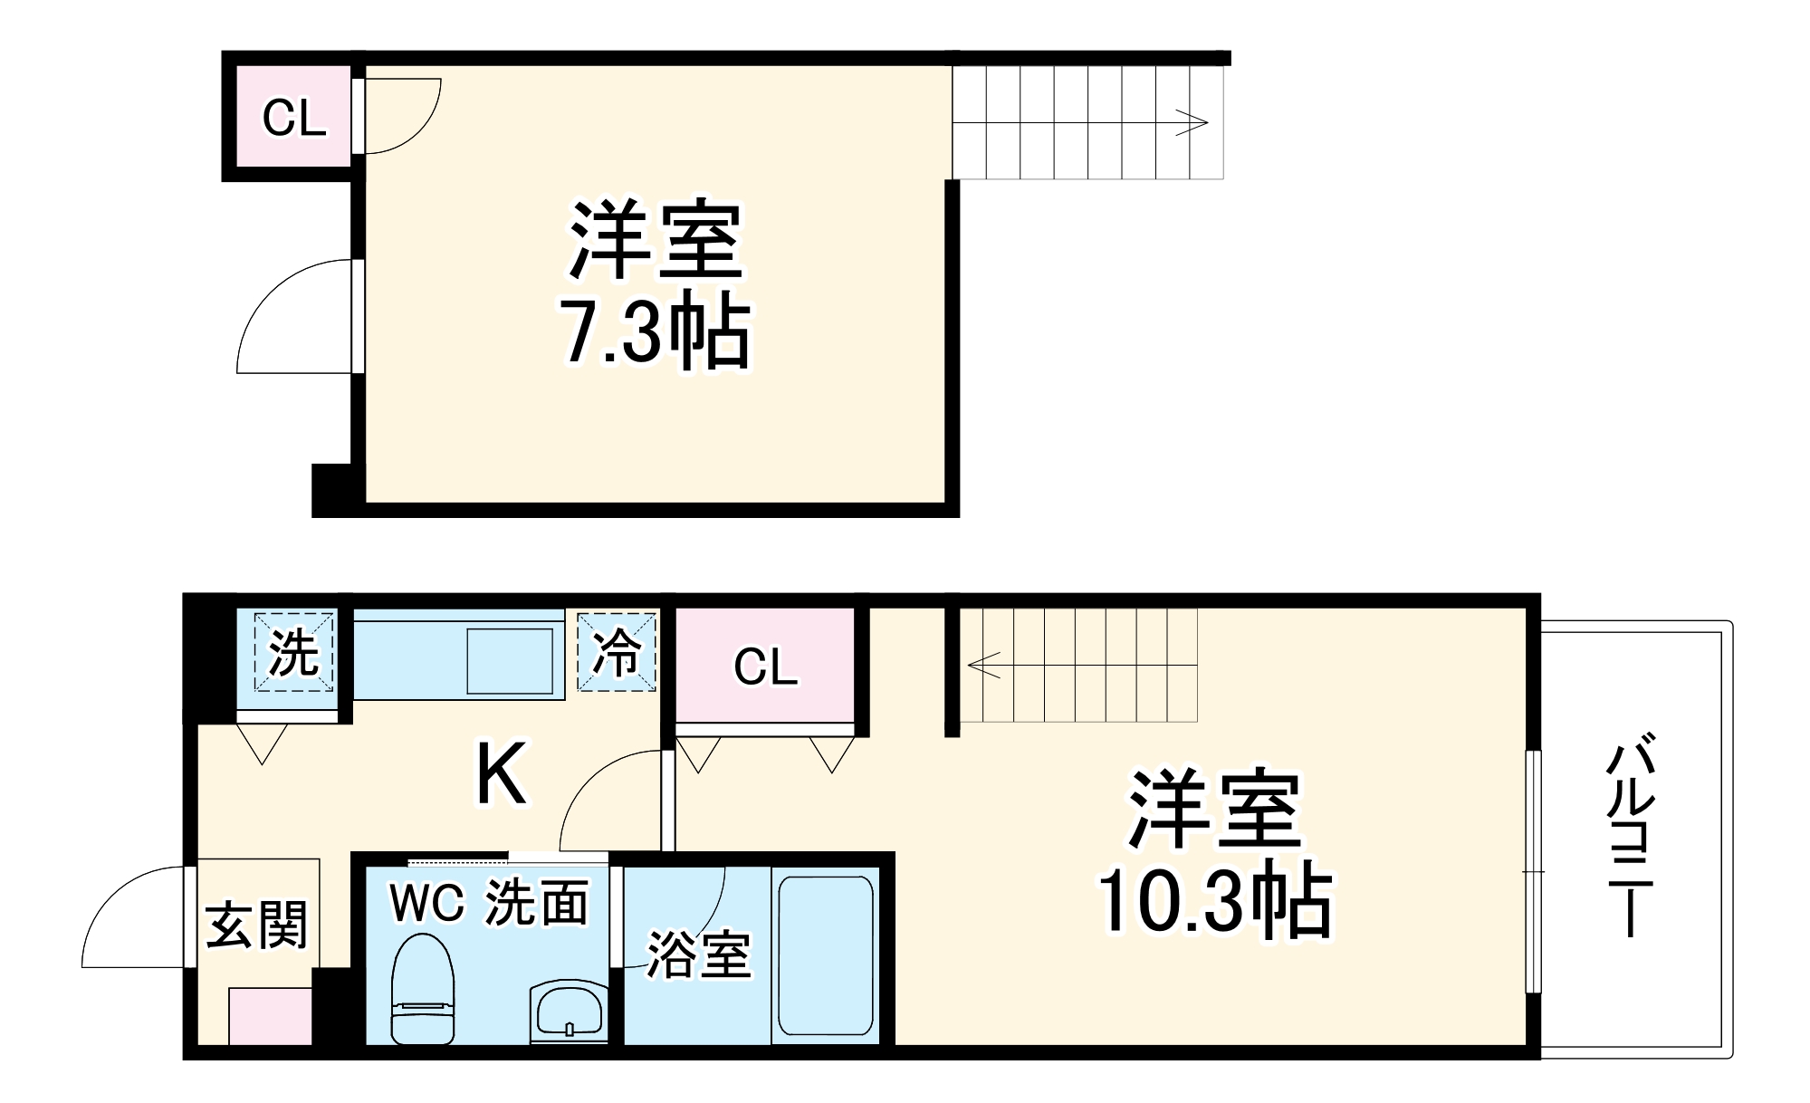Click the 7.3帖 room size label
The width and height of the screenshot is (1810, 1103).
pos(656,330)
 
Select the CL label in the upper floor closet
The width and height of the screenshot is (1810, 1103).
pos(294,118)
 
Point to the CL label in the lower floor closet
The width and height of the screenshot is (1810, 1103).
pos(766,667)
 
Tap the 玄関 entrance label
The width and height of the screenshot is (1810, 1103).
pos(257,925)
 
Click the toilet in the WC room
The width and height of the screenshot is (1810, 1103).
pos(422,989)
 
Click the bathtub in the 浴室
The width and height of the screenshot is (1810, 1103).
pos(826,957)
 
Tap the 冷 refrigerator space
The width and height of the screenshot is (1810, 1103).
pos(617,652)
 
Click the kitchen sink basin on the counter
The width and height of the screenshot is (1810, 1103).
pos(510,661)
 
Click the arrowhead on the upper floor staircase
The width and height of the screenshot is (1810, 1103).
pos(1196,122)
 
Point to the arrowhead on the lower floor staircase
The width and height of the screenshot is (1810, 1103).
pos(983,666)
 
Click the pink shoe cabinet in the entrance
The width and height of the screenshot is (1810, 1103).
pos(271,1016)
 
